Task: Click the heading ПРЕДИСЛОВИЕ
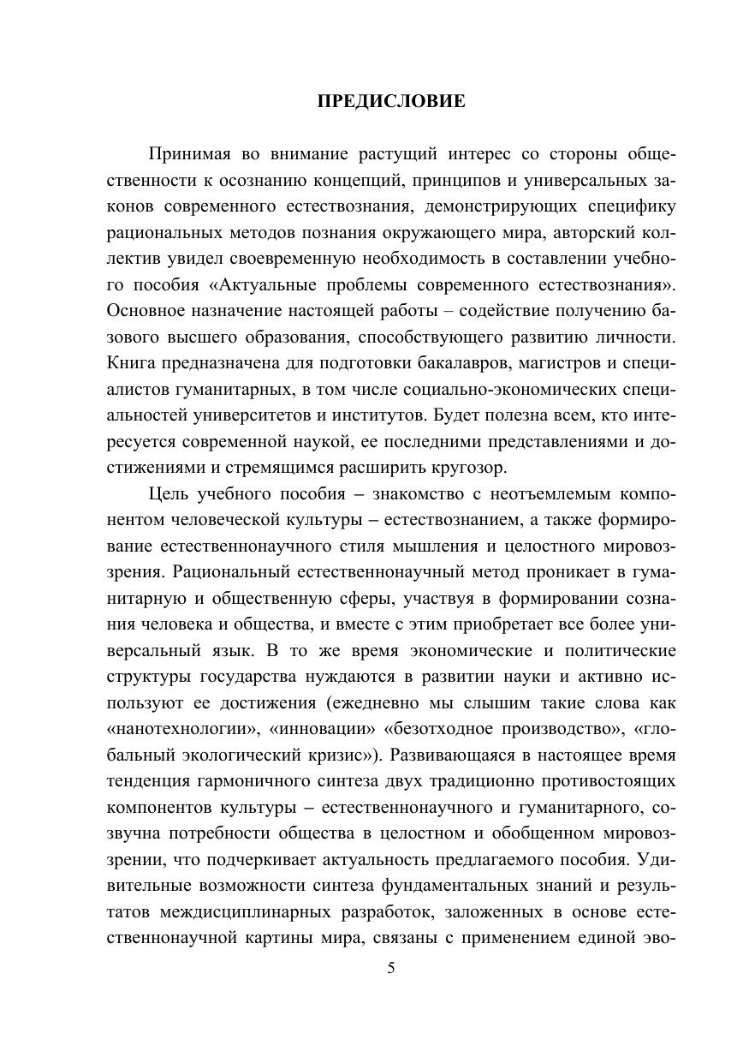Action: tap(391, 102)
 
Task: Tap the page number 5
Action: tap(391, 969)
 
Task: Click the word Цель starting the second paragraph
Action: tap(169, 494)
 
